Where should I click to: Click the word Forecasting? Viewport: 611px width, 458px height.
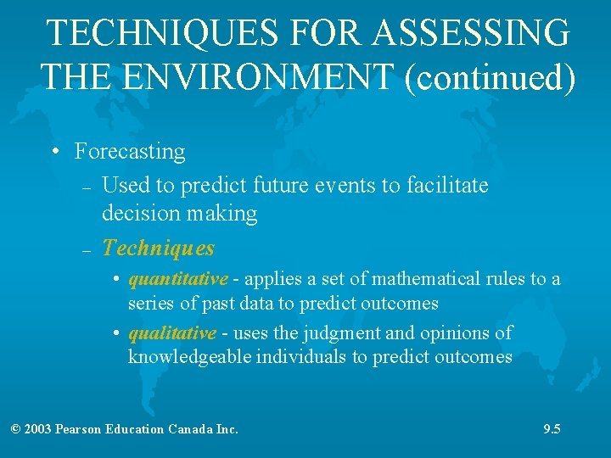click(x=130, y=152)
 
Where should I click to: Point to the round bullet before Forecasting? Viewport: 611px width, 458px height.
click(x=54, y=153)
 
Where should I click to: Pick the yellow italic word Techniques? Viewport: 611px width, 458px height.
click(x=159, y=249)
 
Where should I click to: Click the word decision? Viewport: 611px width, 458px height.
click(x=137, y=213)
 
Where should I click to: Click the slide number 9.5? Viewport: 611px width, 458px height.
click(x=552, y=429)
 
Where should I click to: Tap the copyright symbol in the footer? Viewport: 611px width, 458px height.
click(x=16, y=429)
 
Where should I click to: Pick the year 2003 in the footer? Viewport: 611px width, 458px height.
click(x=38, y=429)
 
